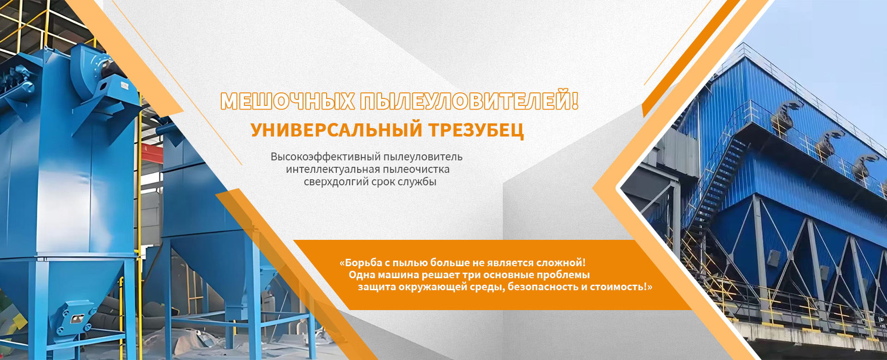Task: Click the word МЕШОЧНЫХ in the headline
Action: pyautogui.click(x=287, y=101)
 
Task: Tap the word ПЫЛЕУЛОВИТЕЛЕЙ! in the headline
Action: pyautogui.click(x=469, y=100)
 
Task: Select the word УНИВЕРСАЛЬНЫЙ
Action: pyautogui.click(x=336, y=130)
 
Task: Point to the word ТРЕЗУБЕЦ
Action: pyautogui.click(x=476, y=131)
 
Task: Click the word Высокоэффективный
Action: pyautogui.click(x=325, y=157)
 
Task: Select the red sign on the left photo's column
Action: pyautogui.click(x=144, y=149)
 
